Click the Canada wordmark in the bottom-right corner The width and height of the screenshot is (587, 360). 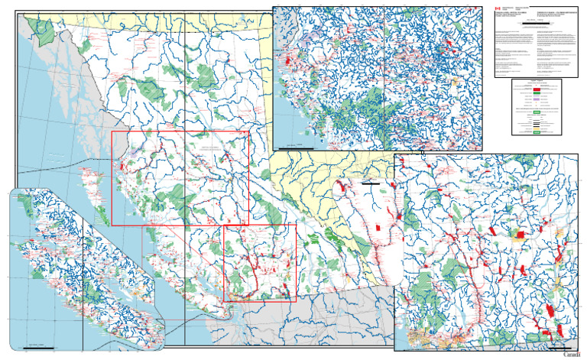[x=571, y=354]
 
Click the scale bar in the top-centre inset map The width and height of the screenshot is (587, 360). [x=290, y=145]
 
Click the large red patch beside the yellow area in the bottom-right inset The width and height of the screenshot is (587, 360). [x=520, y=235]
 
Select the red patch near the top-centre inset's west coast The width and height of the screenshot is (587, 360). [x=289, y=60]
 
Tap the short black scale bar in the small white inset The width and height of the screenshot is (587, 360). [x=370, y=183]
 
